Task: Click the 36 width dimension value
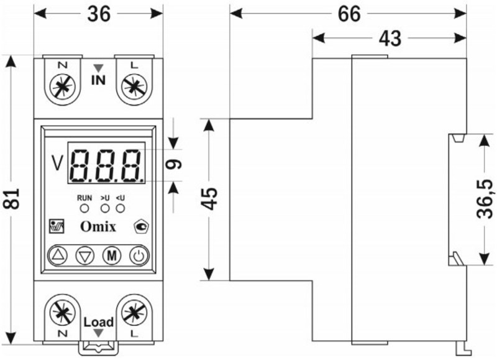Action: pos(99,14)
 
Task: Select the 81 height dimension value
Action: pos(11,199)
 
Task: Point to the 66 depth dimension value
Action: pos(349,14)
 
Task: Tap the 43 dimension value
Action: pos(390,39)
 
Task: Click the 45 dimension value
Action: pos(210,199)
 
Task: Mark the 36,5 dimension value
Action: pos(485,198)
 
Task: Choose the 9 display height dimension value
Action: pos(174,164)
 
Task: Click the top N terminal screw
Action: pos(63,86)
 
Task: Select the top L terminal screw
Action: pos(135,86)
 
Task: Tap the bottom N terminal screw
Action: pos(63,312)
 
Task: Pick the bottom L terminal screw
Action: pos(135,312)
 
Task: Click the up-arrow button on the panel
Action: pos(58,256)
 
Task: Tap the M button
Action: pos(112,256)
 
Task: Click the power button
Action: pos(139,256)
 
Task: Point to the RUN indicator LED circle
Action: pos(84,208)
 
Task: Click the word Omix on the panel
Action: pos(98,226)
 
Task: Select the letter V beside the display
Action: pos(57,163)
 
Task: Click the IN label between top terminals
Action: pos(98,80)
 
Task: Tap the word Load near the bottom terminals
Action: pos(99,322)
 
